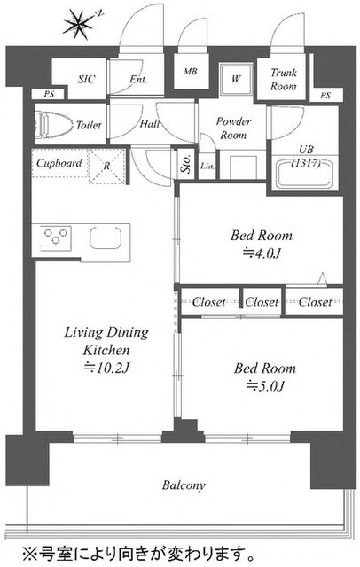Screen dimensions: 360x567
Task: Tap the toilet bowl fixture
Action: [x=53, y=124]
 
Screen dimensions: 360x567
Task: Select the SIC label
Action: [x=87, y=79]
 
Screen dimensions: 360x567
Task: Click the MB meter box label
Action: [x=191, y=71]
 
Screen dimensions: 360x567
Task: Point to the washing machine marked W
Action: [x=236, y=79]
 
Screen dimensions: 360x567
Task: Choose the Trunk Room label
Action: [x=284, y=80]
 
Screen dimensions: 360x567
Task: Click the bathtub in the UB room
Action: [x=304, y=175]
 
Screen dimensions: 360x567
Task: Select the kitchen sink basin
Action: [x=106, y=237]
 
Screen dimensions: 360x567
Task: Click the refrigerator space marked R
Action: [x=106, y=166]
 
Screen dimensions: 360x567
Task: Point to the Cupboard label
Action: [x=59, y=163]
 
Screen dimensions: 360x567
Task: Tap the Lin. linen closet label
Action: [x=207, y=166]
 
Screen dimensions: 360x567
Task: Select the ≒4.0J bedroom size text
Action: [x=262, y=253]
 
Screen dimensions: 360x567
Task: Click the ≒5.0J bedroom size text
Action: [x=265, y=386]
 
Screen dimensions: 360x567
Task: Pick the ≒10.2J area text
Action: [x=106, y=368]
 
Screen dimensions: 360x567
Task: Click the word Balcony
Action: [x=184, y=485]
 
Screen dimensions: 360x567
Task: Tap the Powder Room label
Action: [x=233, y=128]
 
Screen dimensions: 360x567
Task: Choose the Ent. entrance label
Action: [x=138, y=79]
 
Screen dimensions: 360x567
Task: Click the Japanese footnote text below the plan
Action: [x=137, y=553]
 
